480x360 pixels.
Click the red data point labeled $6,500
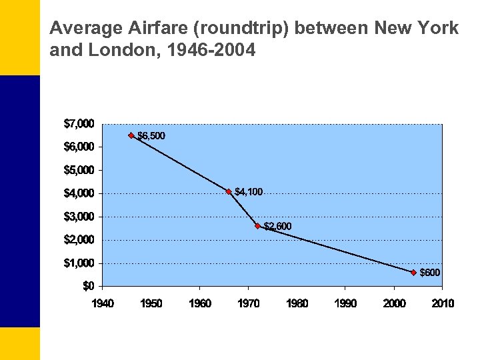[x=131, y=135]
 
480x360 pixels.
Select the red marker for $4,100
[x=229, y=191]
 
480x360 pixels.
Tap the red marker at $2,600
[x=258, y=226]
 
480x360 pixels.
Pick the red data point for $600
[x=413, y=272]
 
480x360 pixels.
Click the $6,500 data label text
[x=151, y=136]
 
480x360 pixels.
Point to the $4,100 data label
[x=249, y=192]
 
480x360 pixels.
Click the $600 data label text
[x=430, y=273]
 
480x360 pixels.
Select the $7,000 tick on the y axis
[x=79, y=123]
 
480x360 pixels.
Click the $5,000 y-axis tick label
[x=79, y=170]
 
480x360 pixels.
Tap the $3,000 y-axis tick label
[x=79, y=217]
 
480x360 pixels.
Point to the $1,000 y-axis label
[x=79, y=263]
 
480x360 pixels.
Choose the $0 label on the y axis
[x=87, y=286]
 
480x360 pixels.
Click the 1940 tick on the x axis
[x=103, y=303]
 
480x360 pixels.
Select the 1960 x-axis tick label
[x=200, y=303]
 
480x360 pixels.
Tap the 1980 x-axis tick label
[x=297, y=303]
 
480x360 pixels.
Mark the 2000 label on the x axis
[x=394, y=303]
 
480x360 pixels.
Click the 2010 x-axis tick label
[x=443, y=303]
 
